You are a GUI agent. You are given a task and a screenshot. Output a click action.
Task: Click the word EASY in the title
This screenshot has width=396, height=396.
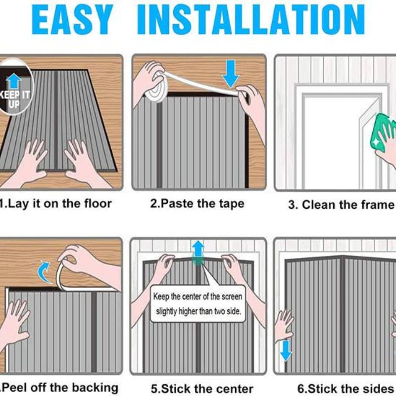(72, 19)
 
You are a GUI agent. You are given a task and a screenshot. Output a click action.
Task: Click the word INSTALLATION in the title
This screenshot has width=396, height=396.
(251, 19)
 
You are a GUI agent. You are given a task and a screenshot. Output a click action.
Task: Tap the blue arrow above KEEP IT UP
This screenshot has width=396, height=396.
(14, 81)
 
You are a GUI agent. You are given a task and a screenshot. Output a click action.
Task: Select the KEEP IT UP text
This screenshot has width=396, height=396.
(15, 99)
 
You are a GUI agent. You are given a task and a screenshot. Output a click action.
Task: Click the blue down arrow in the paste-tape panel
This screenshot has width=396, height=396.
(230, 74)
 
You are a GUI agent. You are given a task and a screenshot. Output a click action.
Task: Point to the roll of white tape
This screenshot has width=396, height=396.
(154, 88)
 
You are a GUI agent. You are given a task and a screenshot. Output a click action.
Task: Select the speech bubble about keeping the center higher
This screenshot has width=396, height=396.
(198, 303)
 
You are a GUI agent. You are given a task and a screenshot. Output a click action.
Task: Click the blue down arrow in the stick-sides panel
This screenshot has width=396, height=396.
(286, 350)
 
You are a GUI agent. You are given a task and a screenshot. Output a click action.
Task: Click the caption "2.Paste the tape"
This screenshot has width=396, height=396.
(197, 203)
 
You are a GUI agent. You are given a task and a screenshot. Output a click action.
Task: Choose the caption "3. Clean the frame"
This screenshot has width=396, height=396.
(341, 204)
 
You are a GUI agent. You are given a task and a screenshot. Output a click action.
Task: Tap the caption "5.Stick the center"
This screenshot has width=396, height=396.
(202, 389)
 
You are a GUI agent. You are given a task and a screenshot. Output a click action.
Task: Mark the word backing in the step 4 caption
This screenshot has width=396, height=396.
(95, 388)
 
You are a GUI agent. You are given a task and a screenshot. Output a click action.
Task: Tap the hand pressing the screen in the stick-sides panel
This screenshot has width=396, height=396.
(284, 326)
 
